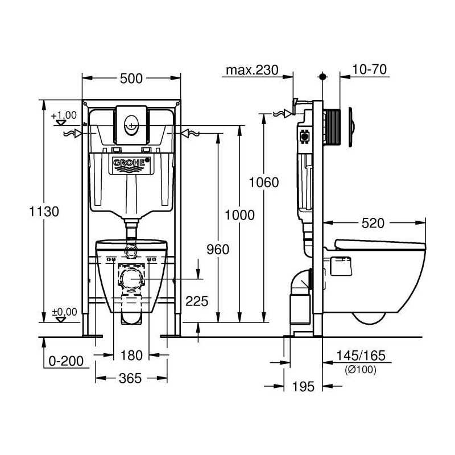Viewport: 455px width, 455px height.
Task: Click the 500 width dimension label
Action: [x=131, y=78]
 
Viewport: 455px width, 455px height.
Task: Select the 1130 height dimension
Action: [x=44, y=211]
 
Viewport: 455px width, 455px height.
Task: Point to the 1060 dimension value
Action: [x=264, y=182]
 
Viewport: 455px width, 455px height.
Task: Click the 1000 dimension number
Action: [x=239, y=215]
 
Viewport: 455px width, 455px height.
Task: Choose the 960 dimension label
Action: [x=218, y=249]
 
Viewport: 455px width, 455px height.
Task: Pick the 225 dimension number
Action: [x=197, y=301]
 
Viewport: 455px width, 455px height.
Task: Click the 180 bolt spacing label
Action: [x=131, y=355]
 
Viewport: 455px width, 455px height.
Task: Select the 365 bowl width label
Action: [x=130, y=378]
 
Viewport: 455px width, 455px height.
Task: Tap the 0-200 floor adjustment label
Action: [x=66, y=361]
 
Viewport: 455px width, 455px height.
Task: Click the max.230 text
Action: [x=252, y=70]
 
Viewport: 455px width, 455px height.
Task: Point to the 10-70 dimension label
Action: [x=369, y=69]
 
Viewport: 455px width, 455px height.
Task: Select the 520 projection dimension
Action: [x=373, y=223]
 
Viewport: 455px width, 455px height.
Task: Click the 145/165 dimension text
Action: [x=361, y=355]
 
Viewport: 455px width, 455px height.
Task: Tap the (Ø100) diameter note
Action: [x=361, y=370]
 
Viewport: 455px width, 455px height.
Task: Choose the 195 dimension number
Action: [x=303, y=387]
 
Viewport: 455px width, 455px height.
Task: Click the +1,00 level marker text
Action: [x=64, y=115]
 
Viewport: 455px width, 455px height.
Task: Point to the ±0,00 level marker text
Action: [x=64, y=312]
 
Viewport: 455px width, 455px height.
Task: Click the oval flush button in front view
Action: [x=131, y=125]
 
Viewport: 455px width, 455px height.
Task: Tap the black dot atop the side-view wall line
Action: [x=322, y=77]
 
